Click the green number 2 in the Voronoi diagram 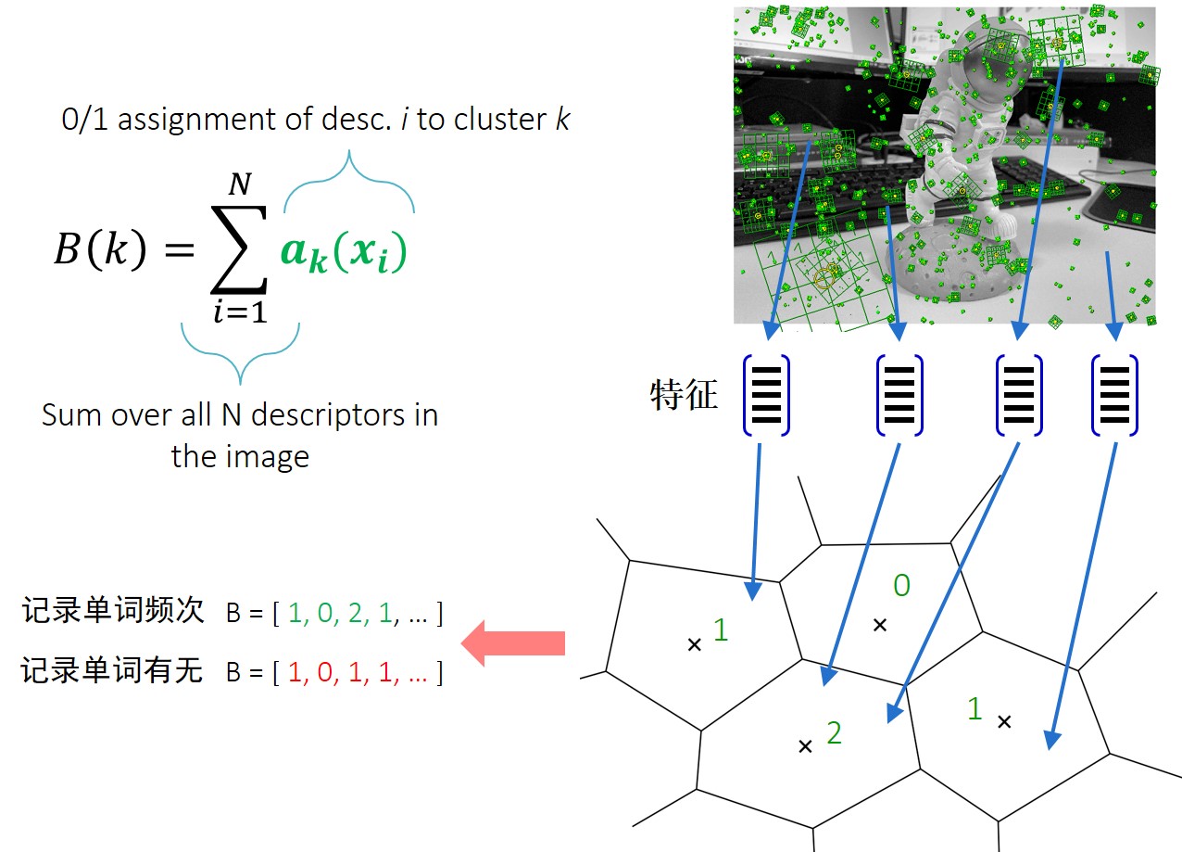834,733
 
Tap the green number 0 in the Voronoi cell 900,585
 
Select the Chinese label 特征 684,395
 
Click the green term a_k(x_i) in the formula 344,253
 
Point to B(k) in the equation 100,252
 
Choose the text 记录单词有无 112,670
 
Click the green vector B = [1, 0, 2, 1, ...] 334,613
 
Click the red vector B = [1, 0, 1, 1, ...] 334,673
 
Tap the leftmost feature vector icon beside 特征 765,395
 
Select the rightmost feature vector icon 1115,395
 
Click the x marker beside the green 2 805,745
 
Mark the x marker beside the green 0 880,625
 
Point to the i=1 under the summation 240,312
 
